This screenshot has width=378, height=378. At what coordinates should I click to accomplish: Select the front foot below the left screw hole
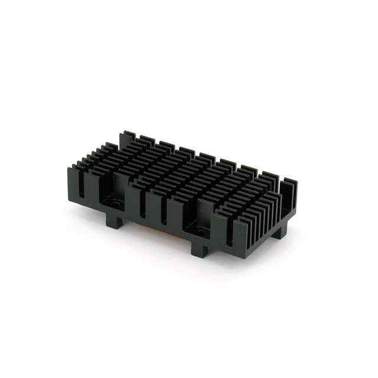click(x=114, y=223)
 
